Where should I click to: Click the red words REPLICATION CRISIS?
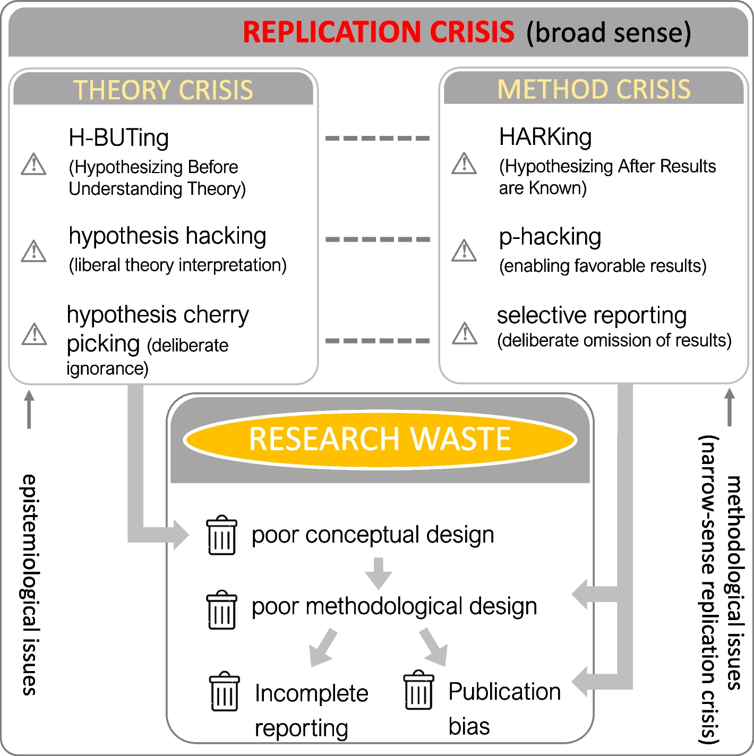(378, 32)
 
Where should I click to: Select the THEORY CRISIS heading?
(163, 90)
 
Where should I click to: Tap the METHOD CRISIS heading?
(594, 89)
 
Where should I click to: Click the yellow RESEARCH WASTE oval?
(380, 440)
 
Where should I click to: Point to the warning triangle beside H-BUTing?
(34, 164)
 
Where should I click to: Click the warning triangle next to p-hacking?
(465, 251)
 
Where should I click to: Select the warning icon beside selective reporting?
(465, 333)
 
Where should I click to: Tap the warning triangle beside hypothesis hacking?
(34, 251)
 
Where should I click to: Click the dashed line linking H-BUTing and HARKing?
(378, 138)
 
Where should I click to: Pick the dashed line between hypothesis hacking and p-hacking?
(378, 239)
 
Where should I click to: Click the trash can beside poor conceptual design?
(222, 535)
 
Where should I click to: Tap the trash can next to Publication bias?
(418, 690)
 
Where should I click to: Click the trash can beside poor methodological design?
(222, 610)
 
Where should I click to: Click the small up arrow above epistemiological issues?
(29, 409)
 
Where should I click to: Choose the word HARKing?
(545, 137)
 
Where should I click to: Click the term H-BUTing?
(118, 138)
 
